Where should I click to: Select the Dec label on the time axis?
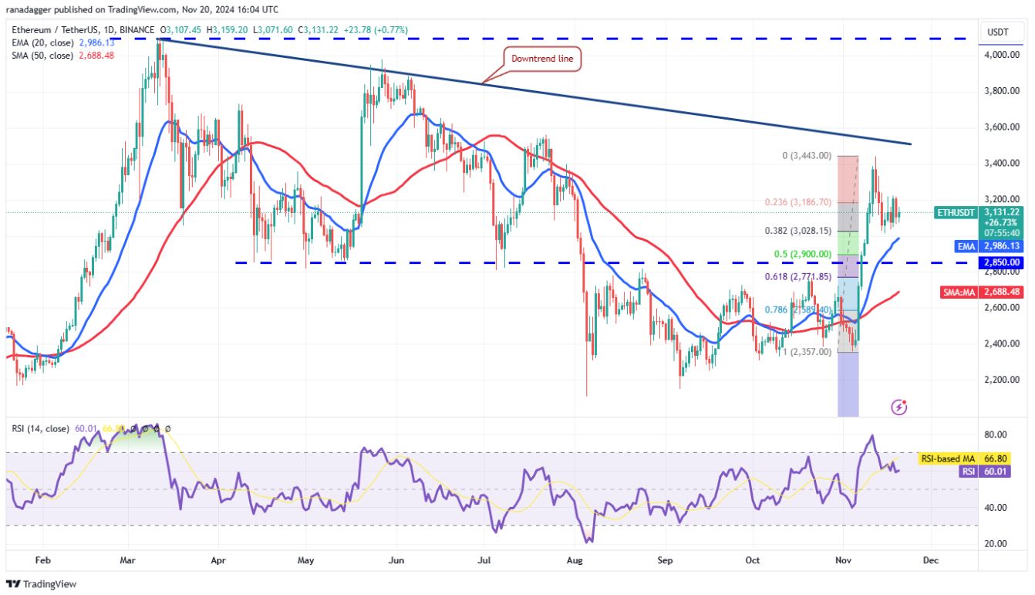[931, 561]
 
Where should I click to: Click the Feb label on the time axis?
[43, 561]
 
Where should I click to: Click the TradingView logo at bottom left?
[42, 584]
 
